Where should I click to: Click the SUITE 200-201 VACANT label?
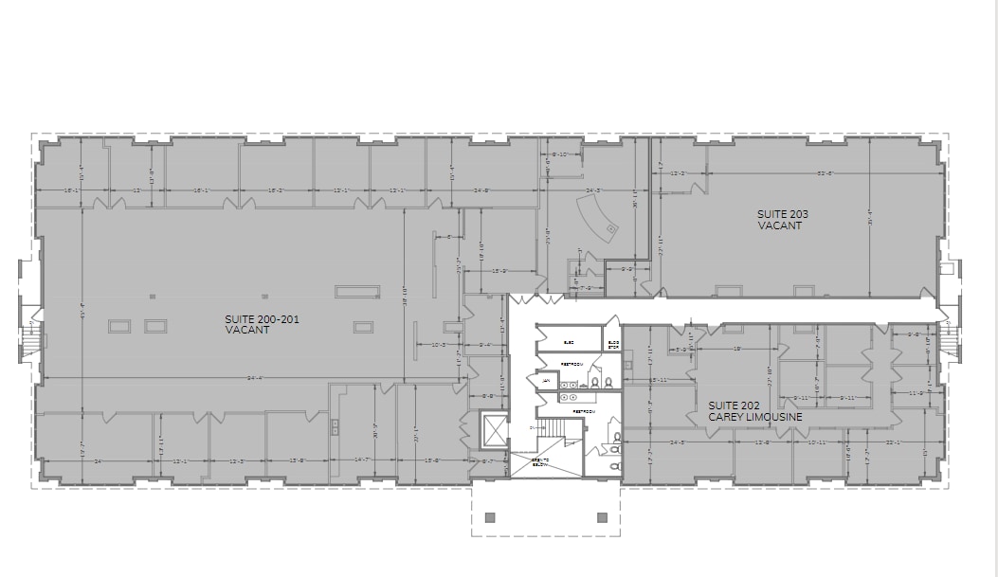coord(262,324)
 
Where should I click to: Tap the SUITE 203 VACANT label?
coord(782,219)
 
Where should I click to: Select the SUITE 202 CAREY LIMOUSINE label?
coord(755,411)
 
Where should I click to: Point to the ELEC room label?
coord(569,343)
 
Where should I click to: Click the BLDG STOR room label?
coord(613,343)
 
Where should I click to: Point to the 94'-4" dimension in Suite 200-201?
coord(252,378)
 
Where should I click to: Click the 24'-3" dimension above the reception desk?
coord(594,190)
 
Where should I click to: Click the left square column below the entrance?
coord(490,517)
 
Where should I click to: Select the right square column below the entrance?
coord(602,517)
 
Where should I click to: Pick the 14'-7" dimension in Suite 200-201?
coord(363,460)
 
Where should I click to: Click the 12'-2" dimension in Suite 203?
coord(678,173)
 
